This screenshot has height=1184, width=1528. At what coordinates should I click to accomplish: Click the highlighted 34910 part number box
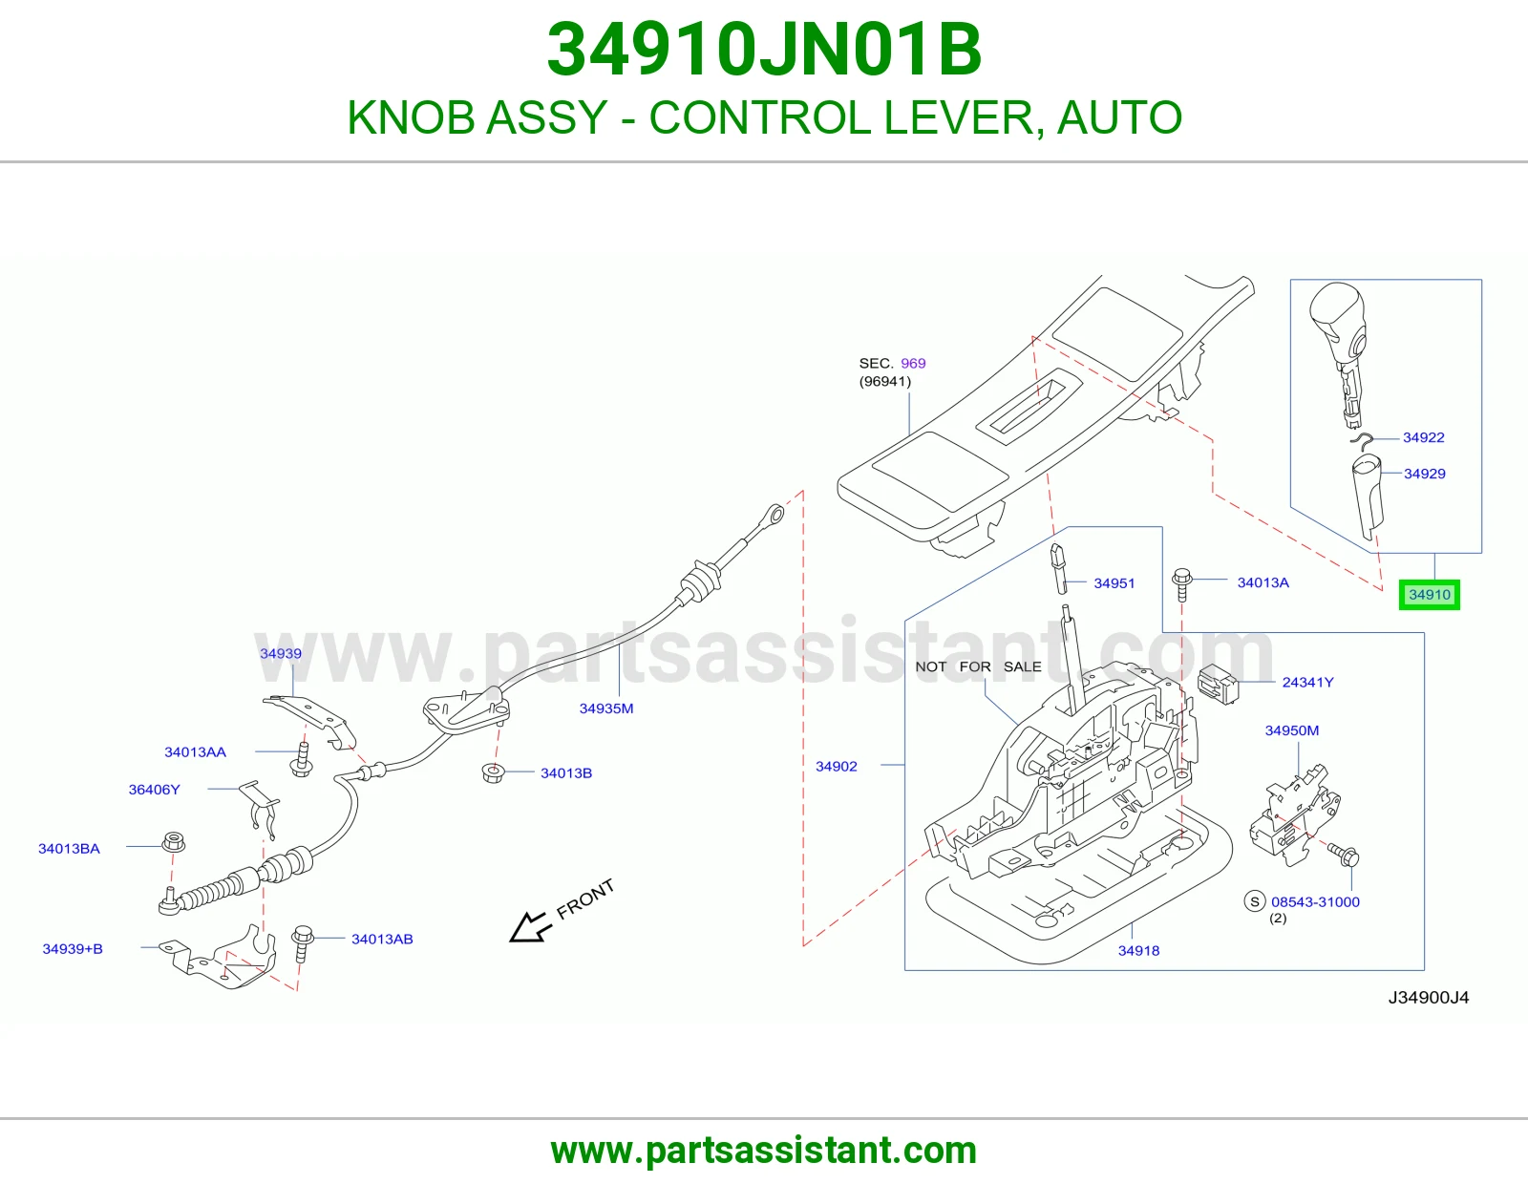pos(1429,595)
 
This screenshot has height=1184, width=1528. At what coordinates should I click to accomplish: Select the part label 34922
pos(1423,437)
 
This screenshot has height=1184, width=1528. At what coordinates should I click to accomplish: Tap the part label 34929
pos(1425,474)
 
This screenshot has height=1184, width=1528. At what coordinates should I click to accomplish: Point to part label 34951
pos(1114,582)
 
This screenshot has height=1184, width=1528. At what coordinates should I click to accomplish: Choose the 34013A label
pos(1263,582)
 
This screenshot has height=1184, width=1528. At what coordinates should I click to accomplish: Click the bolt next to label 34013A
pos(1181,585)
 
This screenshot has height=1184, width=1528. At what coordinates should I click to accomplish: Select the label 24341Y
pos(1308,682)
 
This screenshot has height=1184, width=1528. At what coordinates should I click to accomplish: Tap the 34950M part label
pos(1292,730)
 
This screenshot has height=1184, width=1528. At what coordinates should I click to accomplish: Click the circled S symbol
pos(1255,901)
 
